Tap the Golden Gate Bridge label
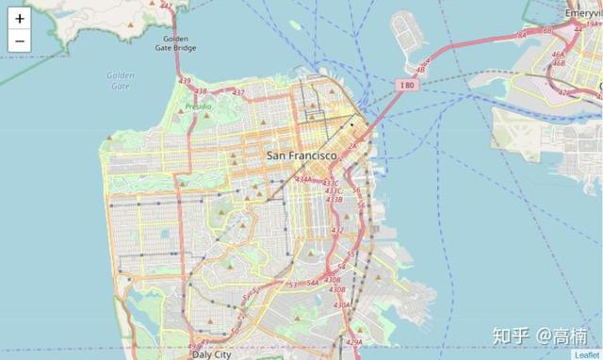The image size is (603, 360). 175,42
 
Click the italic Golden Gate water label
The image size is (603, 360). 120,80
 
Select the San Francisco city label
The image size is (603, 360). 301,155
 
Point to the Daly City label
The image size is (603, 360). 210,354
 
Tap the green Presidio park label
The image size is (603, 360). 198,106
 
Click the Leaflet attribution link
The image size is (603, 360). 586,354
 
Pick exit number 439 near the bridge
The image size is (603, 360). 185,81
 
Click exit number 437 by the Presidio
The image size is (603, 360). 238,92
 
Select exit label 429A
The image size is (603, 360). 353,342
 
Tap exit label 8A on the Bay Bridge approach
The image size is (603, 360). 520,34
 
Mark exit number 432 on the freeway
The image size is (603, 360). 337,230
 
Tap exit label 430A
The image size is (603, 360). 341,304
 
